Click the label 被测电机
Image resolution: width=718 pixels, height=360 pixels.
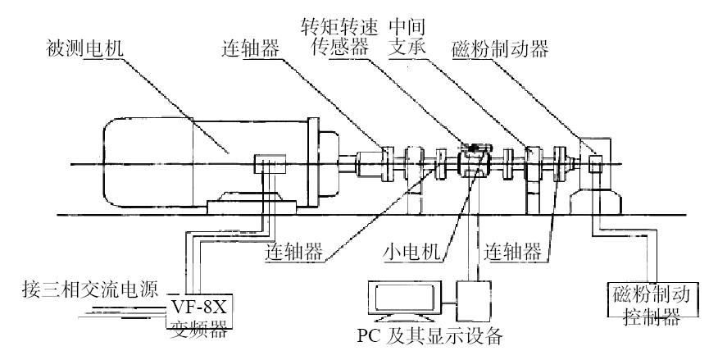[x=85, y=48]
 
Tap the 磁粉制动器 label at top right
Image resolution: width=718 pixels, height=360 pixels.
[x=500, y=49]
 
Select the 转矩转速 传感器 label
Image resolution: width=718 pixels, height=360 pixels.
[x=339, y=38]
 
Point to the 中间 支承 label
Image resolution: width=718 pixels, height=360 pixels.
[x=407, y=38]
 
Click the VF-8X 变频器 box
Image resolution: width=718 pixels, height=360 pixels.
[x=198, y=311]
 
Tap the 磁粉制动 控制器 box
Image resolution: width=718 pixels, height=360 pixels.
[x=653, y=299]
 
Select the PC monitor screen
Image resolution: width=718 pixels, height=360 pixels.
[x=404, y=298]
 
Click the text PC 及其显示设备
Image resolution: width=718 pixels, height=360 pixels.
[x=430, y=337]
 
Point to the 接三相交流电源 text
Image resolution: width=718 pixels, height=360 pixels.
[x=90, y=290]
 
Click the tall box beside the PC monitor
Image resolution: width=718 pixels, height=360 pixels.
[x=473, y=302]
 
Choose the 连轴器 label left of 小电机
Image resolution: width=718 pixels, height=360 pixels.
[x=293, y=252]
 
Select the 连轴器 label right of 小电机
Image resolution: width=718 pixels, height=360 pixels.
[x=513, y=252]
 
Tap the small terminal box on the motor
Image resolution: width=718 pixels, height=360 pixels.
[x=270, y=163]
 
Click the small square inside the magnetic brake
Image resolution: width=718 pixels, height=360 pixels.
[x=595, y=164]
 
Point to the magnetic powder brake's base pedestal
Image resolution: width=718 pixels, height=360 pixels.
[x=595, y=203]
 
